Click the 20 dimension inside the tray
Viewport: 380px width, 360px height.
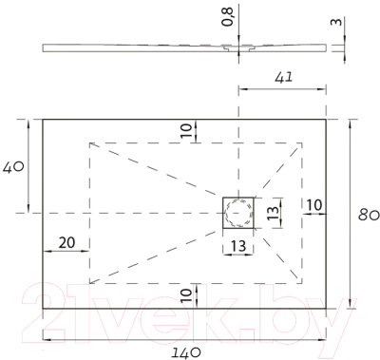(x=66, y=242)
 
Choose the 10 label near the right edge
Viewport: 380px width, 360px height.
(x=314, y=205)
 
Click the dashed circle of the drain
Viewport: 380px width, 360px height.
(x=240, y=215)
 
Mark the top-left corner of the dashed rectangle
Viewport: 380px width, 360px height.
(x=90, y=142)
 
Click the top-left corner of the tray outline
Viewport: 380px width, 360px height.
(x=44, y=119)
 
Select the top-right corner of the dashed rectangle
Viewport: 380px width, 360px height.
(x=303, y=142)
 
